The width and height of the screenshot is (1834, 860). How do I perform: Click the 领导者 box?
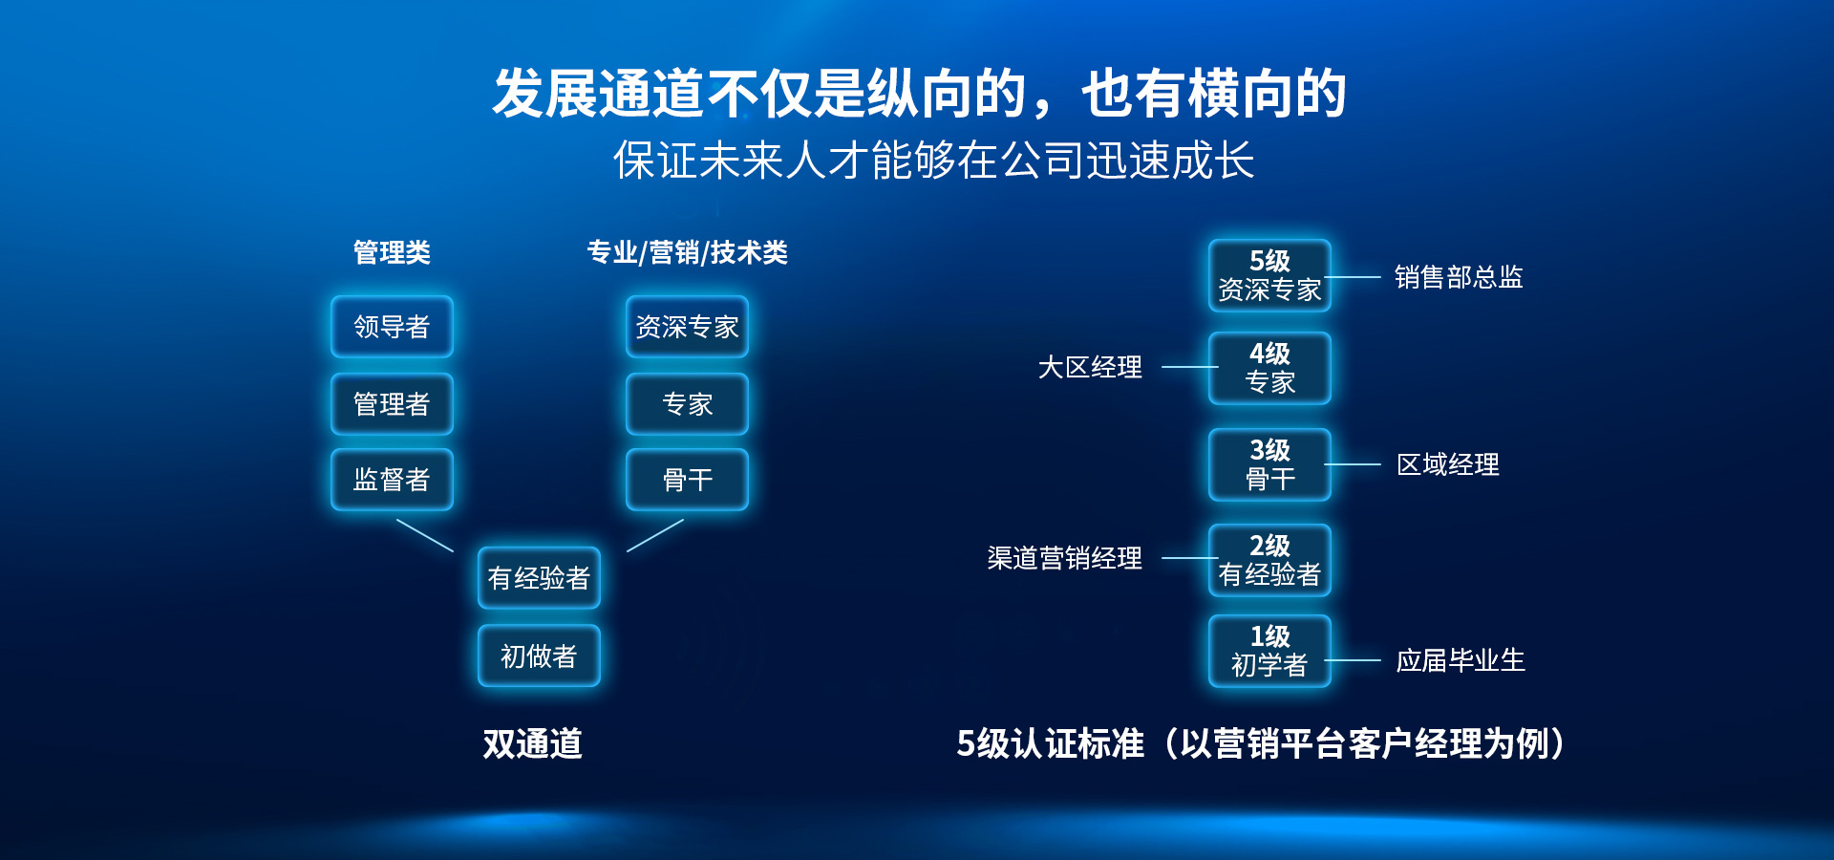[392, 327]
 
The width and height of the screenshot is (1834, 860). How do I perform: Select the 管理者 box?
[392, 404]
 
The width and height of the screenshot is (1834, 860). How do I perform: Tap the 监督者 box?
[392, 480]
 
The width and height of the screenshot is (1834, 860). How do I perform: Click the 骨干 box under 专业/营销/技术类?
[687, 480]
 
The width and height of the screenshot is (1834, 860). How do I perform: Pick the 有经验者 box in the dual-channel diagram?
[539, 578]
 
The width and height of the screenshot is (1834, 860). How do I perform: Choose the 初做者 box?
[539, 656]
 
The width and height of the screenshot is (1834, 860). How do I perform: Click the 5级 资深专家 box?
[1269, 276]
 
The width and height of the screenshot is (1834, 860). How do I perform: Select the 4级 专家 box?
[1269, 369]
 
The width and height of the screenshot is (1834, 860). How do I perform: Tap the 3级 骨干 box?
[1269, 465]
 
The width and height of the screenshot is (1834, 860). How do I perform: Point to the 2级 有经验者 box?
[1269, 561]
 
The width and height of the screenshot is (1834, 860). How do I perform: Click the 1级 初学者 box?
[1269, 652]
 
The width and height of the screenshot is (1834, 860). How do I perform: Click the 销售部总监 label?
[1459, 277]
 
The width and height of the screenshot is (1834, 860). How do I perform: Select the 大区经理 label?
[1090, 367]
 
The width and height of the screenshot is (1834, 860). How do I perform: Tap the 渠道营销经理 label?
[1064, 558]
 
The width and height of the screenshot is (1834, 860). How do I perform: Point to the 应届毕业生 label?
[1461, 660]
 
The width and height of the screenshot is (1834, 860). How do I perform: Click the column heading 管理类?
[392, 252]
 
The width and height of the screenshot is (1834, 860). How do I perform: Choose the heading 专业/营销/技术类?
[687, 252]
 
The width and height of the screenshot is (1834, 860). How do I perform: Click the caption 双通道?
[532, 743]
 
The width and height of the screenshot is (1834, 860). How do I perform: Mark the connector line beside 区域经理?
[1353, 464]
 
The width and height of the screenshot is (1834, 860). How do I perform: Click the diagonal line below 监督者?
[425, 535]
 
